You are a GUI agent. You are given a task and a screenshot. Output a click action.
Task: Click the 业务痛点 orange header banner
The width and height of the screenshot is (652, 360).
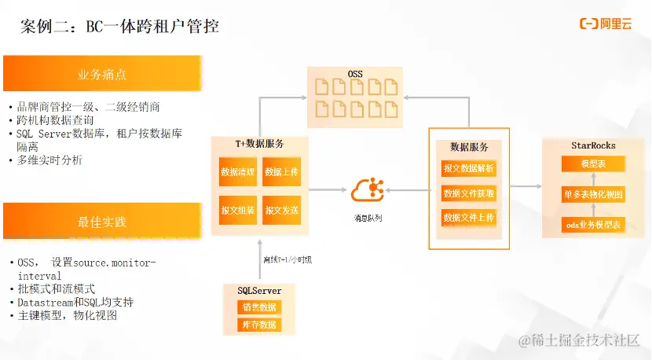tap(101, 74)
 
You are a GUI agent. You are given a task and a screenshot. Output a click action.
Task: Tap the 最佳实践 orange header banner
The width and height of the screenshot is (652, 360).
tap(101, 222)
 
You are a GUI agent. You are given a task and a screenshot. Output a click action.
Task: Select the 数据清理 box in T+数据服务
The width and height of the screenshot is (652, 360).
tap(238, 172)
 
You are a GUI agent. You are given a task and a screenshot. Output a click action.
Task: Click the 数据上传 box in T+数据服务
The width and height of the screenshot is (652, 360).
tap(282, 172)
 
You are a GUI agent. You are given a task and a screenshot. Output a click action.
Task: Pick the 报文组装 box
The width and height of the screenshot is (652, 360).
tap(238, 210)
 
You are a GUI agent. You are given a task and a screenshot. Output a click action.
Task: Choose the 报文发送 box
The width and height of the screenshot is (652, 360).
tap(282, 210)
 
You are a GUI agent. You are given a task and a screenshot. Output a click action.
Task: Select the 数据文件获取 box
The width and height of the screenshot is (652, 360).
tap(469, 193)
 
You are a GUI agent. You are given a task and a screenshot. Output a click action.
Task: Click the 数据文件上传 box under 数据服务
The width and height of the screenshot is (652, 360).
tap(469, 218)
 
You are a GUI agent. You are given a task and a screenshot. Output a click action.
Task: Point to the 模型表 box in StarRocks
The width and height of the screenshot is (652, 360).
tap(592, 163)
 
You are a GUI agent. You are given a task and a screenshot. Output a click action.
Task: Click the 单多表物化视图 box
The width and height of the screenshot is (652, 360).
tap(592, 193)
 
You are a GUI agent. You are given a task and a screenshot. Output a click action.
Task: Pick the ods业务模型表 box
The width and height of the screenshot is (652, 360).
tap(592, 224)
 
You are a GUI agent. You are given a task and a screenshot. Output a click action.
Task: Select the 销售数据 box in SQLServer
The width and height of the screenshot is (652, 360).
tap(258, 307)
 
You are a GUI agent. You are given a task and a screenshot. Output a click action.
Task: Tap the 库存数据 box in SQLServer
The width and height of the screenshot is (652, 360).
tap(258, 324)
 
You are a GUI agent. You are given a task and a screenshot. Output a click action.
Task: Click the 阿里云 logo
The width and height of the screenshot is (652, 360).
tap(606, 24)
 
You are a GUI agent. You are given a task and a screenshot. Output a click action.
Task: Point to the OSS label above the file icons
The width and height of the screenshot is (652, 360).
tap(356, 74)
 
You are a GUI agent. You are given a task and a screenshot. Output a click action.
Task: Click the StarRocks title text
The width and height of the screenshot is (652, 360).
tap(593, 145)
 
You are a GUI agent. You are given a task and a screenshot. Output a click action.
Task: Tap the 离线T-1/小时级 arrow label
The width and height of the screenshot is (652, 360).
tap(287, 259)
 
